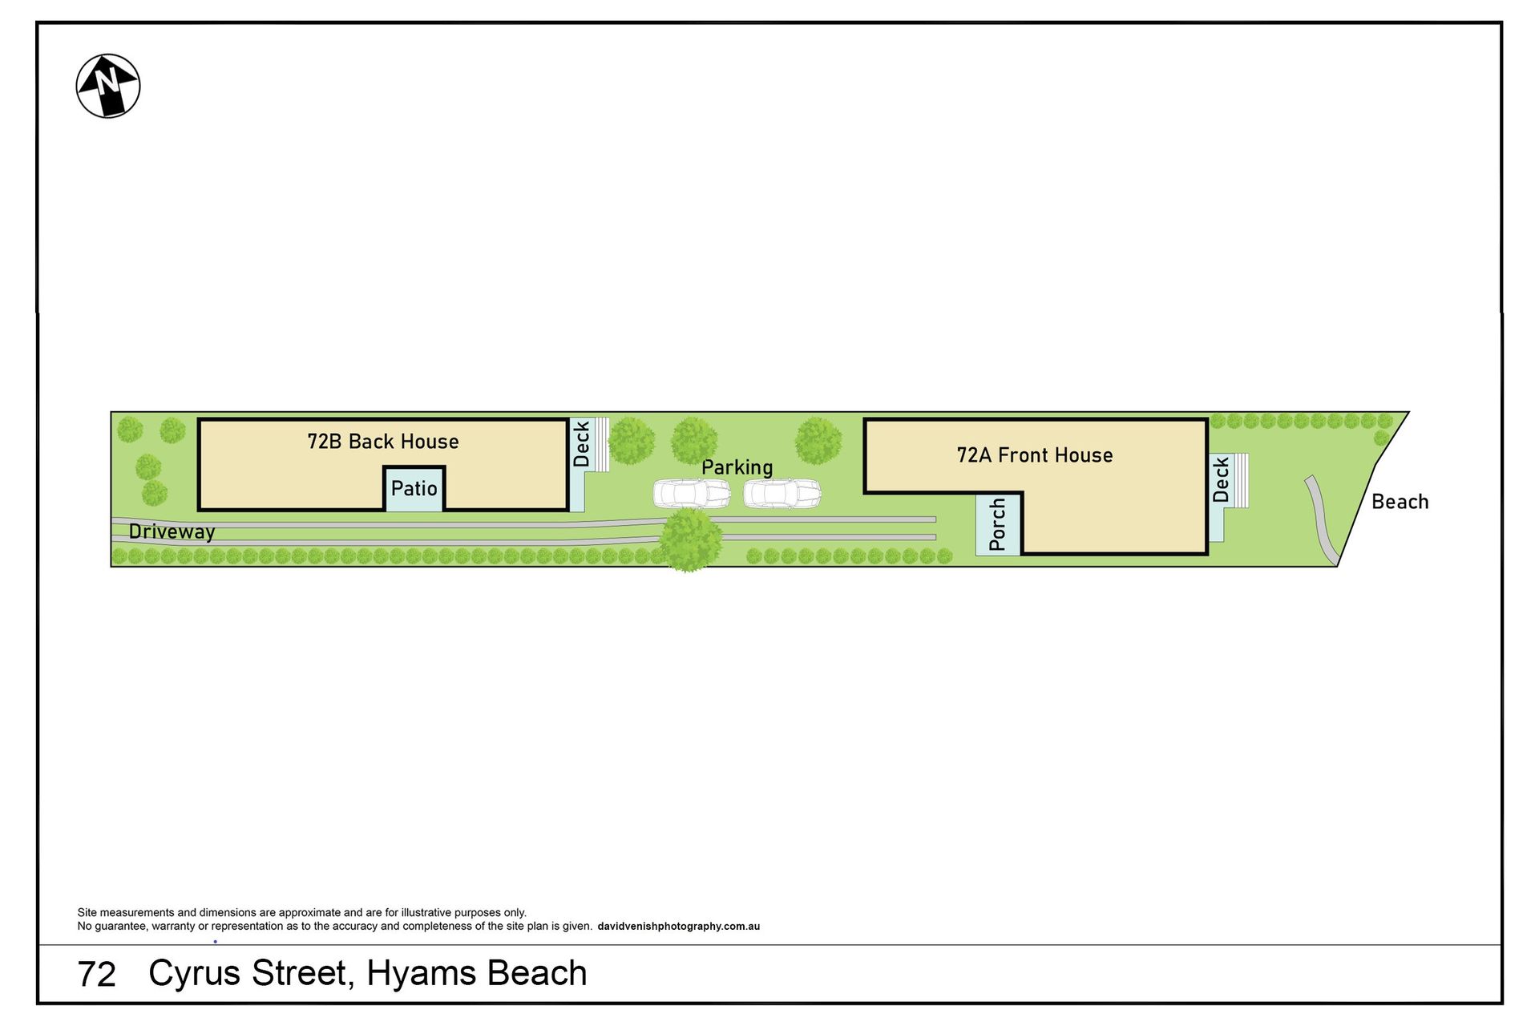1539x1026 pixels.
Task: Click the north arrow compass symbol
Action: (x=108, y=86)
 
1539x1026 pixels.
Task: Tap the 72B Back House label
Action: (x=383, y=442)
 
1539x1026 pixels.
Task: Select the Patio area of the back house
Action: (x=414, y=488)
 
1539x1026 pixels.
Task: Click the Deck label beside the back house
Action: (x=581, y=444)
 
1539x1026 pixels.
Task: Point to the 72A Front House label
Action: (x=1035, y=455)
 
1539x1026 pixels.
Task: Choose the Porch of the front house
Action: (x=997, y=524)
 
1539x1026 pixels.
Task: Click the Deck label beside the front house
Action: (x=1220, y=479)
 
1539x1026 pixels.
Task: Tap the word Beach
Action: (x=1400, y=502)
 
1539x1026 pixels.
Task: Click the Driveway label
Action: (x=172, y=532)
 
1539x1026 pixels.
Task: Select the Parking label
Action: (x=737, y=467)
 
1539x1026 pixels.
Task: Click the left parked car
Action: (x=692, y=494)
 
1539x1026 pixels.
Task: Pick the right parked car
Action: (x=782, y=494)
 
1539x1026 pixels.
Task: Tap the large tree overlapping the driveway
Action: (x=690, y=539)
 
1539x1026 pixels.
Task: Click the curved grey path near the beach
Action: (x=1321, y=519)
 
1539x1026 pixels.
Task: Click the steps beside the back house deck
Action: (x=600, y=444)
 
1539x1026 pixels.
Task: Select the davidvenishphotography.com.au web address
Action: (x=678, y=927)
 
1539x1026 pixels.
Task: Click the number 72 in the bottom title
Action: (x=97, y=975)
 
